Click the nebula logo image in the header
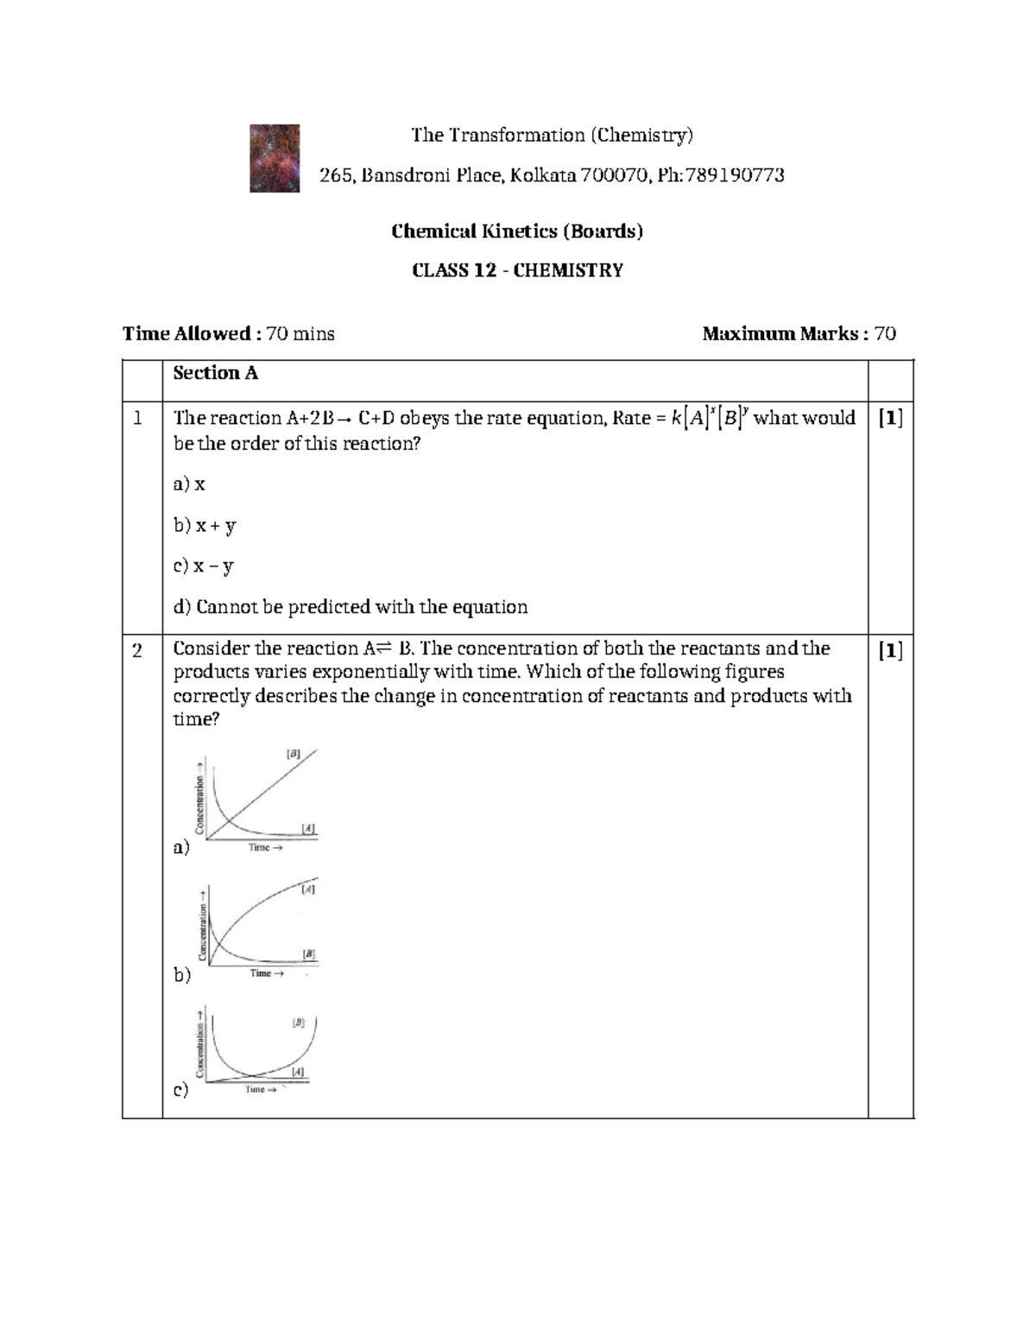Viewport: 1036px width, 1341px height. (275, 158)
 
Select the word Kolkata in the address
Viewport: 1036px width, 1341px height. (542, 175)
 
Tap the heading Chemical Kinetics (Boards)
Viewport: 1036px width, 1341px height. (517, 231)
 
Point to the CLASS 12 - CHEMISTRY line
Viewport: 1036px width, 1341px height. (517, 270)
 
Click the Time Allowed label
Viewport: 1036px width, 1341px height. (186, 333)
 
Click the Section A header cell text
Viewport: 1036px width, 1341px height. (215, 373)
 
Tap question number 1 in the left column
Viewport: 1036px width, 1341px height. (137, 419)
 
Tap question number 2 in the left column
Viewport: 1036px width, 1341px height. (137, 650)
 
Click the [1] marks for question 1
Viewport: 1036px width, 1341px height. (890, 419)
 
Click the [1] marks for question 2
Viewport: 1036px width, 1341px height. (890, 650)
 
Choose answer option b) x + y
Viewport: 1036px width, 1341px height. (205, 525)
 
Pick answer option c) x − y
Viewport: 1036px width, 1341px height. (204, 566)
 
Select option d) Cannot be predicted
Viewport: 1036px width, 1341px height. (350, 607)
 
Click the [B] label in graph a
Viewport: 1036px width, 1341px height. (294, 754)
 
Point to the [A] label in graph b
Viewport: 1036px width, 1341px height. (308, 889)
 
